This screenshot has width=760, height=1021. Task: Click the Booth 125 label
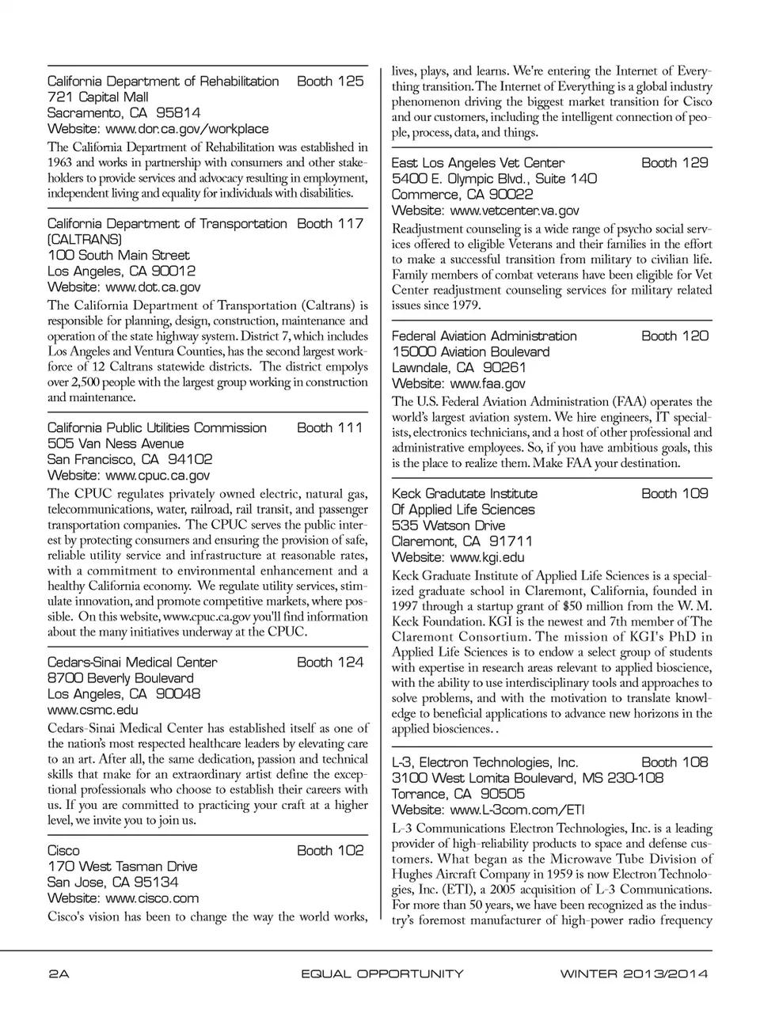coord(330,82)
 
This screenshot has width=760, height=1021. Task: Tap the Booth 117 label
coord(330,224)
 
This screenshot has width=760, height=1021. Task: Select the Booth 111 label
coord(330,428)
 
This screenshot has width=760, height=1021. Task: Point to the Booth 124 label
coord(330,662)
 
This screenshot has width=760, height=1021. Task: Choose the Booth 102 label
coord(330,851)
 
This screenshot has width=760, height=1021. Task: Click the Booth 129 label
coord(674,163)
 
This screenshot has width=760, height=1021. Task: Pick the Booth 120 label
coord(674,336)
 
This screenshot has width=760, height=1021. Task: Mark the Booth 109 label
coord(674,494)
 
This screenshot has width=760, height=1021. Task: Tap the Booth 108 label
coord(674,763)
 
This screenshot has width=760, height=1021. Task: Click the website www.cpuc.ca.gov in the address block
coord(158,476)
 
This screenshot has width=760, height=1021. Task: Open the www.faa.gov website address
coord(487,384)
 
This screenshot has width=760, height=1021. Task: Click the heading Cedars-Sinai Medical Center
coord(132,662)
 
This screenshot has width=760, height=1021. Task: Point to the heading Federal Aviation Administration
coord(484,336)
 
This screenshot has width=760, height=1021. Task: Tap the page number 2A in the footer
coord(59,974)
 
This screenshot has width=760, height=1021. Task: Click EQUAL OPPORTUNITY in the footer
coord(382,974)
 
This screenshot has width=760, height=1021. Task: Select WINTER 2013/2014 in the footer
coord(633,974)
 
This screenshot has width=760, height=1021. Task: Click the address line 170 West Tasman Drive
coord(123,867)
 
